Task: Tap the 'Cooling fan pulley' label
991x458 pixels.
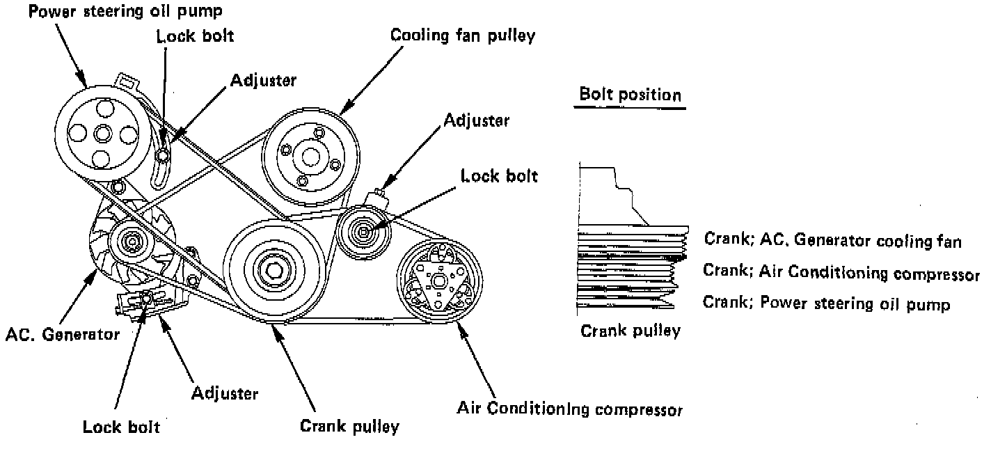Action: (x=463, y=35)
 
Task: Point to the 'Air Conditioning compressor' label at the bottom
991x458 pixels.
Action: (x=569, y=408)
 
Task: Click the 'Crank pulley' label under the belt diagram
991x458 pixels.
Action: (x=349, y=425)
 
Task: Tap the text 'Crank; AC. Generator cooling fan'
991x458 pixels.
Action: (x=833, y=241)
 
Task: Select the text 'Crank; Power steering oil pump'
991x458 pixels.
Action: (x=826, y=303)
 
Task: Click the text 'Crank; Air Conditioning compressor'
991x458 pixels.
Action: (x=846, y=271)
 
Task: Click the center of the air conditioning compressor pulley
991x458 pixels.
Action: (x=438, y=280)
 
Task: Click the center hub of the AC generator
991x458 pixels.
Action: (x=130, y=243)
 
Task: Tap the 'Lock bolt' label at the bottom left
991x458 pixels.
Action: (x=121, y=426)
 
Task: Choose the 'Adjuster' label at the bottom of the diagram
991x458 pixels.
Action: (x=224, y=393)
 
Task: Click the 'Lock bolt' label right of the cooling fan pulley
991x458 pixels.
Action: (x=499, y=175)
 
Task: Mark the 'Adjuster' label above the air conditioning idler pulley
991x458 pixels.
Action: (x=476, y=120)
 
